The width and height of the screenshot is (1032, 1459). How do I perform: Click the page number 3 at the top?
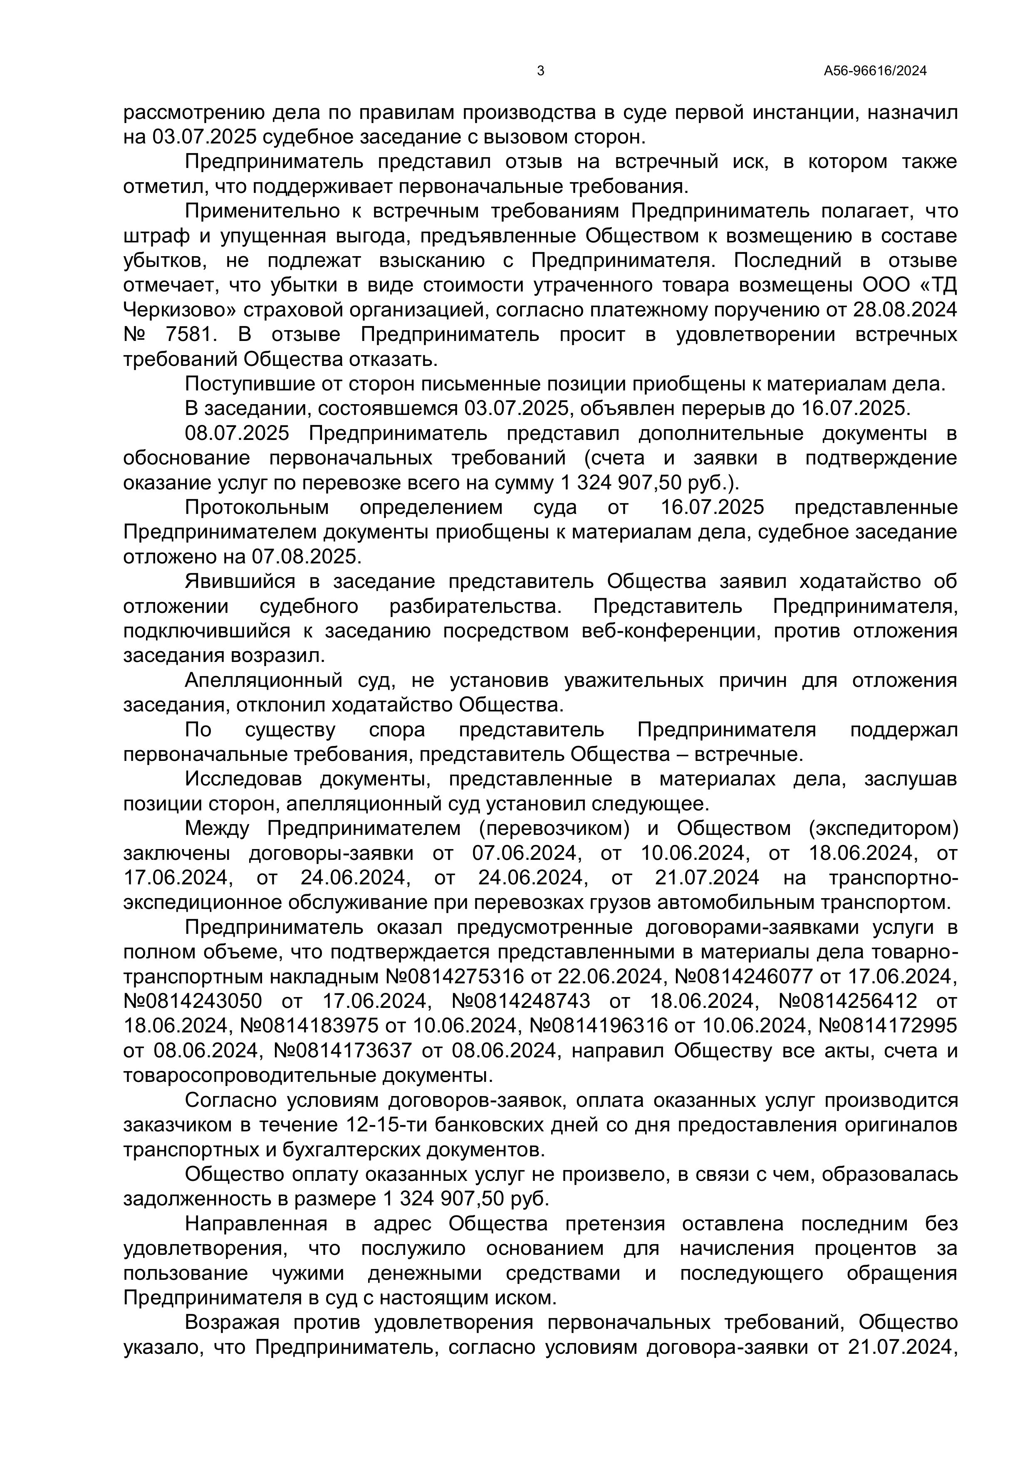click(540, 71)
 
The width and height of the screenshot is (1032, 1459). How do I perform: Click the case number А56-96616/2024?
click(875, 71)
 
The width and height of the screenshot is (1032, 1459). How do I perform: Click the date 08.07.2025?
click(237, 434)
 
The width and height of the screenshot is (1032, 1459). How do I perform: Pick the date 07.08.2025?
click(306, 557)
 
